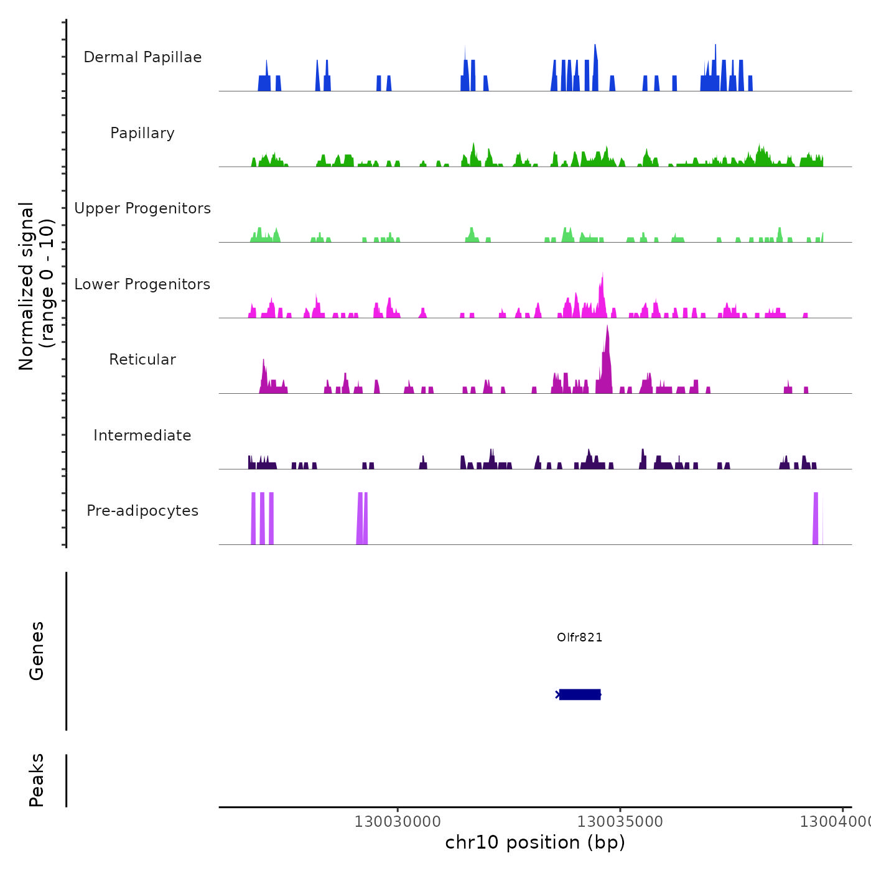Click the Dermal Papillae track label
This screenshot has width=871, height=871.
point(142,57)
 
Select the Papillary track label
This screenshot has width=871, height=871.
point(142,133)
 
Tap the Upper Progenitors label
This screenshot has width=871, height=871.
point(142,208)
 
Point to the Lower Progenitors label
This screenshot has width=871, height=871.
point(142,284)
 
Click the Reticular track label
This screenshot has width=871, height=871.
point(142,360)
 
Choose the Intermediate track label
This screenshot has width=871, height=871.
point(142,435)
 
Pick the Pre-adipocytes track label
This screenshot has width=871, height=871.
point(142,511)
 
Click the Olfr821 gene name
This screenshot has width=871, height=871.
point(579,637)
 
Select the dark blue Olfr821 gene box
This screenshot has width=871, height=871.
point(580,694)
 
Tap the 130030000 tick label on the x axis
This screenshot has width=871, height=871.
point(398,821)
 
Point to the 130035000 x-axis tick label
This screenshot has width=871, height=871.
point(620,821)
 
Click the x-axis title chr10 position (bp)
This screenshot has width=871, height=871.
point(535,842)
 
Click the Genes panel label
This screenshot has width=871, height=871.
point(37,651)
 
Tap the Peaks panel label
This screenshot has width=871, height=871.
point(37,780)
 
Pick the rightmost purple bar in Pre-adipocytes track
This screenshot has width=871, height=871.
point(816,518)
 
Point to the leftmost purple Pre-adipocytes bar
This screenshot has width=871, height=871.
point(253,518)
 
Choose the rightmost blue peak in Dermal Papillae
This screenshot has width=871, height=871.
point(750,83)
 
